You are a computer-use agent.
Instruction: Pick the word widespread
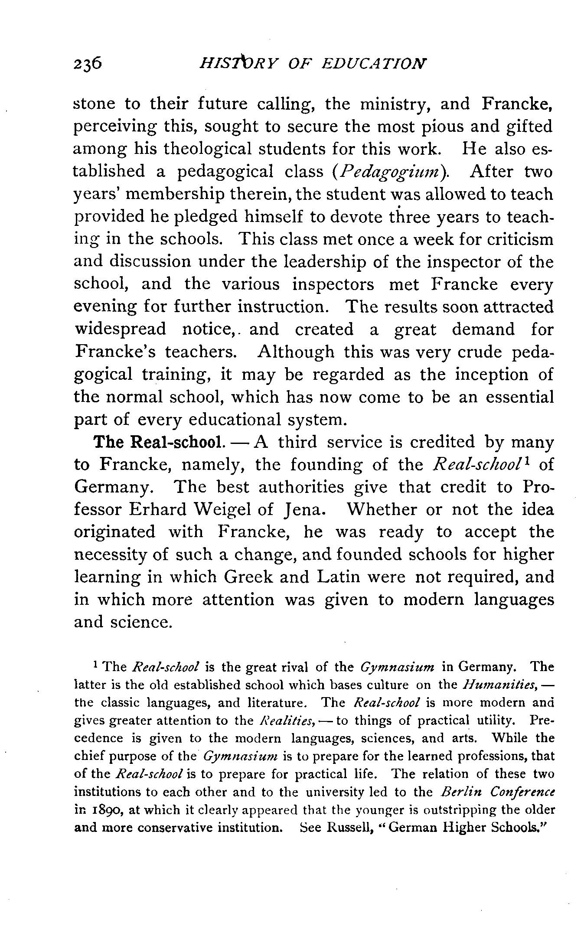coord(120,329)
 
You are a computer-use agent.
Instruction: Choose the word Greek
coord(247,577)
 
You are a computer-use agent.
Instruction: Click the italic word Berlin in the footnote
coord(458,792)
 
